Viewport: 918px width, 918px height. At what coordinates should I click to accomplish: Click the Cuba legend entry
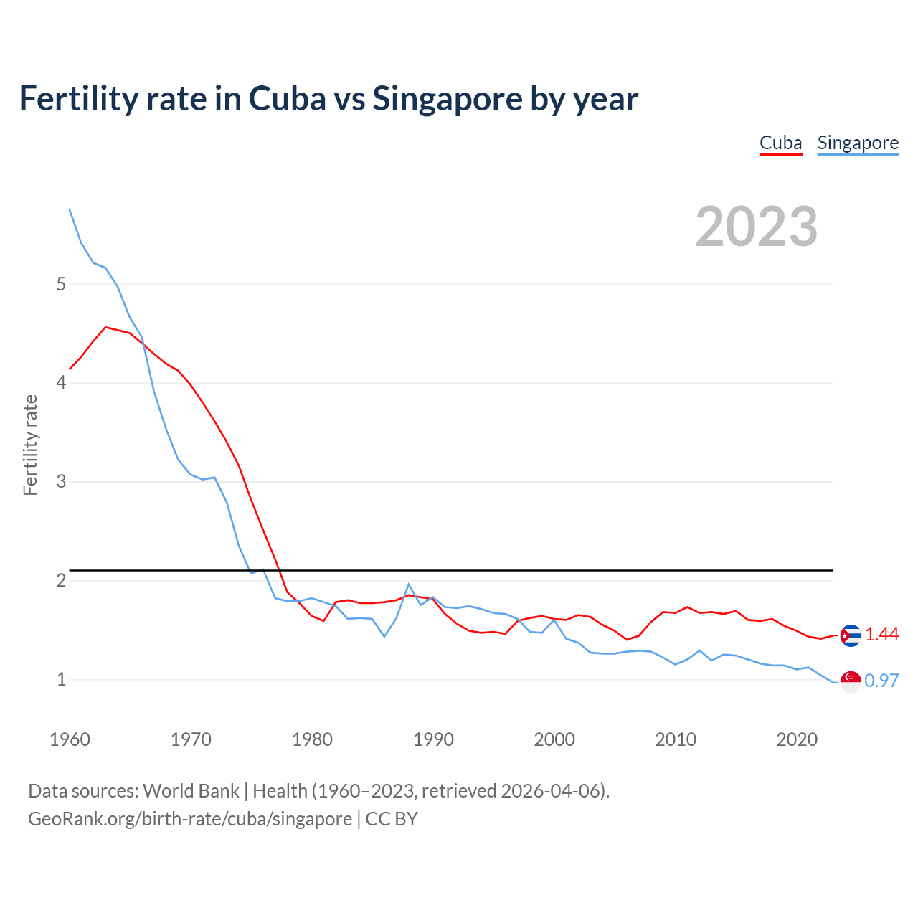pyautogui.click(x=780, y=143)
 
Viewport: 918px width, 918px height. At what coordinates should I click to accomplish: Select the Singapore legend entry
pyautogui.click(x=858, y=143)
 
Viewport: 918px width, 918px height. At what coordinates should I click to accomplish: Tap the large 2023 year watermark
pyautogui.click(x=756, y=227)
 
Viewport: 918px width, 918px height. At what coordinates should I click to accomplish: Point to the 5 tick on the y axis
pyautogui.click(x=61, y=284)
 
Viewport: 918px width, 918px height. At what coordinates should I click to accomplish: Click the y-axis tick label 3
pyautogui.click(x=61, y=481)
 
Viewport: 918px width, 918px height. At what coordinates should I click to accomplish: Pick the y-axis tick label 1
pyautogui.click(x=61, y=679)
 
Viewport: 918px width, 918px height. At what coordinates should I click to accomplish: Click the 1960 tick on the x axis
pyautogui.click(x=70, y=739)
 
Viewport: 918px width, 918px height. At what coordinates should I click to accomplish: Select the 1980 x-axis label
pyautogui.click(x=312, y=739)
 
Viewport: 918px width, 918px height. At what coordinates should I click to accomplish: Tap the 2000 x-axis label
pyautogui.click(x=554, y=739)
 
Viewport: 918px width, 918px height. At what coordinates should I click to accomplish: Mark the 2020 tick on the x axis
pyautogui.click(x=797, y=739)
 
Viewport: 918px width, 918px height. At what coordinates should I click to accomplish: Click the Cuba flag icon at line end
pyautogui.click(x=851, y=635)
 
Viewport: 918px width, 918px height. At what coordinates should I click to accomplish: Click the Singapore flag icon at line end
pyautogui.click(x=851, y=682)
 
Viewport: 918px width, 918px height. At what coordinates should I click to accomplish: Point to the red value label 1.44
pyautogui.click(x=881, y=635)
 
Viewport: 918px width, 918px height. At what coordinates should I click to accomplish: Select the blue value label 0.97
pyautogui.click(x=881, y=681)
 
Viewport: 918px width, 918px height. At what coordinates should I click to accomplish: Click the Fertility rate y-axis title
pyautogui.click(x=30, y=445)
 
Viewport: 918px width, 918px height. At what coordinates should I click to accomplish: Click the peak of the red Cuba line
pyautogui.click(x=106, y=327)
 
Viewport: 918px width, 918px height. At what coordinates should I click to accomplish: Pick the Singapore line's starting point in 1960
pyautogui.click(x=70, y=209)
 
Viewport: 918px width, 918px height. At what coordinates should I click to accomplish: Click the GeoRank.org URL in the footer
pyautogui.click(x=190, y=819)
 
